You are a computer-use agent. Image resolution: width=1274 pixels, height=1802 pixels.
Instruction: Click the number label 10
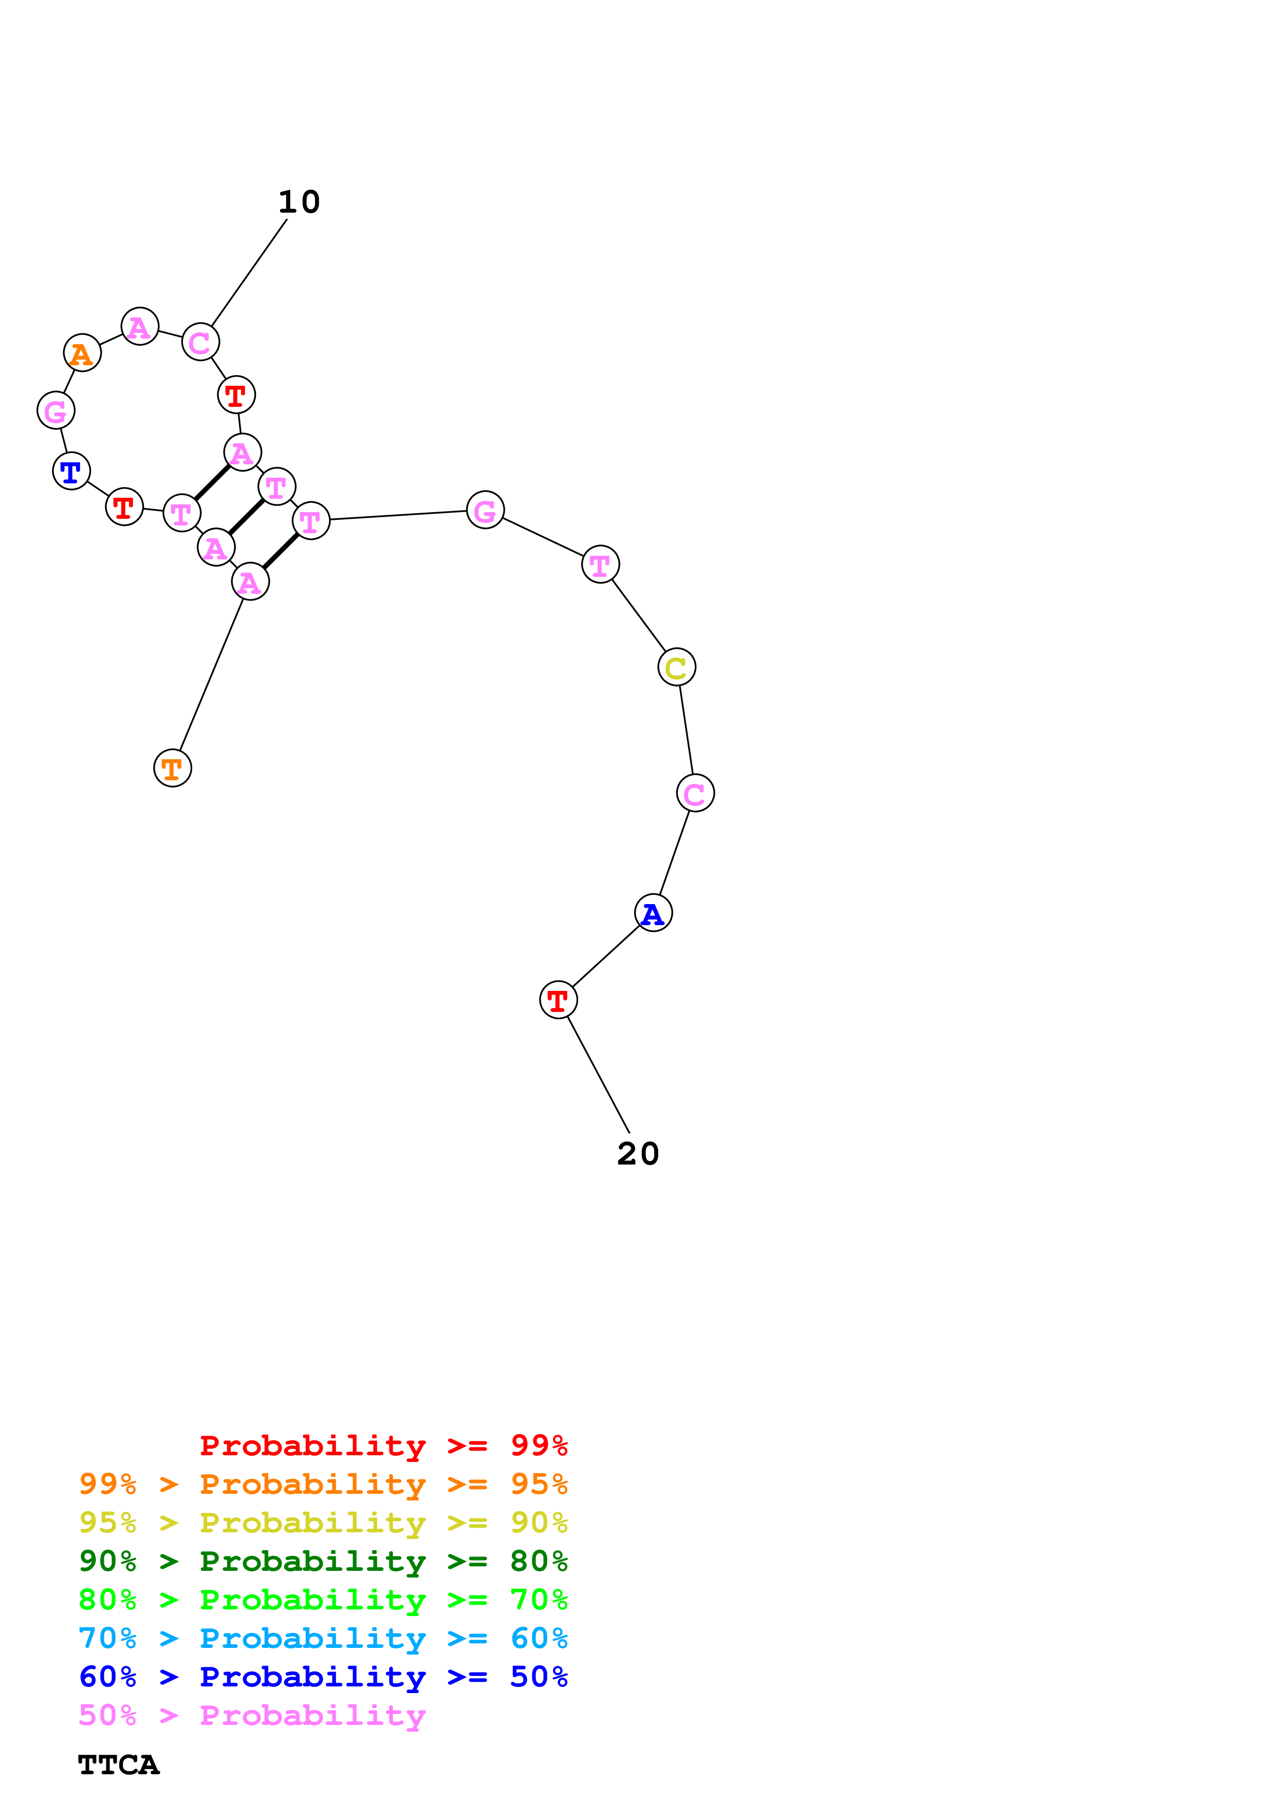coord(299,202)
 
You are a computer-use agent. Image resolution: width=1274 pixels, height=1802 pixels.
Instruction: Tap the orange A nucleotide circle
coord(82,353)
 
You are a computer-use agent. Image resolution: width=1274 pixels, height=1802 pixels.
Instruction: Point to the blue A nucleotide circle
coord(653,913)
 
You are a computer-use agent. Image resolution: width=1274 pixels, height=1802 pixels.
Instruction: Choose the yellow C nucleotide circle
coord(677,667)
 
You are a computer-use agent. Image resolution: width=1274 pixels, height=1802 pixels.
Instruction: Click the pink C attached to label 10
coord(200,342)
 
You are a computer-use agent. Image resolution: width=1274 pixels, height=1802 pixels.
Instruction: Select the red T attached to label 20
coord(558,1000)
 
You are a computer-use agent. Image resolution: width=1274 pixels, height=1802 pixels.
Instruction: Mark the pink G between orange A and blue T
coord(56,410)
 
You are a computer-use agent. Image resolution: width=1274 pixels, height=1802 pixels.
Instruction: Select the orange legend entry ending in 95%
coord(323,1484)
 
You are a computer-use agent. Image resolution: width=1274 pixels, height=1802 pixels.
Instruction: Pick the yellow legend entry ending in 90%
coord(323,1523)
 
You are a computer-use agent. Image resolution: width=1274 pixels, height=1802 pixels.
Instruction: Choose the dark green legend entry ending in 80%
coord(323,1561)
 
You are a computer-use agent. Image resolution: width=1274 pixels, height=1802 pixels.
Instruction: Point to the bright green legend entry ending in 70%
coord(323,1600)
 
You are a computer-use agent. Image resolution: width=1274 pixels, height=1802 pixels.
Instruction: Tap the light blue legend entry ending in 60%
coord(323,1638)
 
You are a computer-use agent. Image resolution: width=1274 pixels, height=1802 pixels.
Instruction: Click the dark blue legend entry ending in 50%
coord(323,1677)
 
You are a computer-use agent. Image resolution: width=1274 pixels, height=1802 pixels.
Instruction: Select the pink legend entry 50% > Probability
coord(252,1715)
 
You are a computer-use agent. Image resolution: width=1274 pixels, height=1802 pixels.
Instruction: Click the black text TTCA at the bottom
coord(119,1765)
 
